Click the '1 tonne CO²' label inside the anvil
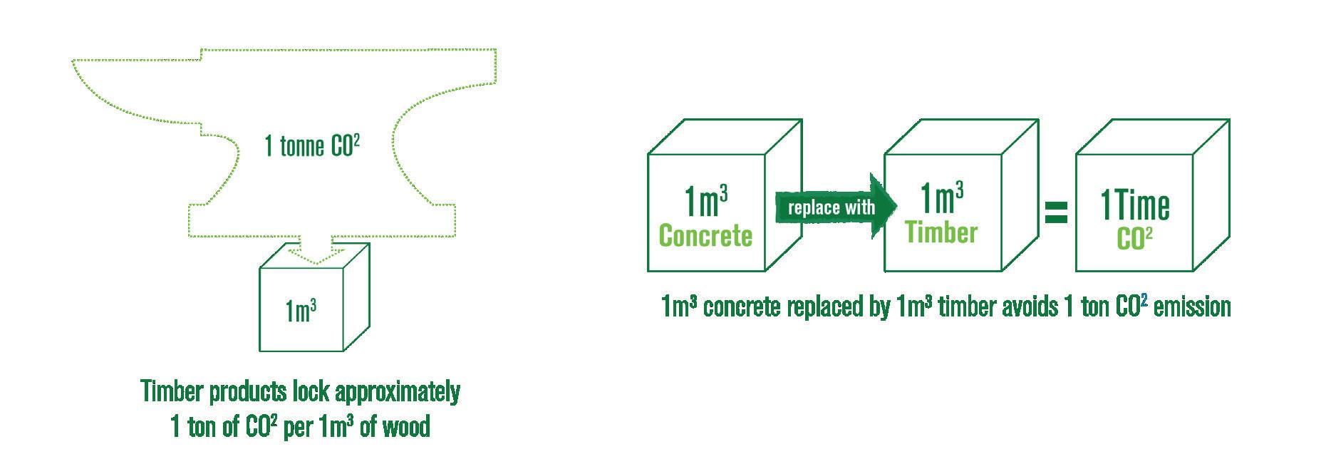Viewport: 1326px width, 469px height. pyautogui.click(x=311, y=146)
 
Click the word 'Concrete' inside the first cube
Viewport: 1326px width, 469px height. pyautogui.click(x=705, y=235)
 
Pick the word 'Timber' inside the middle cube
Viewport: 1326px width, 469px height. pyautogui.click(x=941, y=232)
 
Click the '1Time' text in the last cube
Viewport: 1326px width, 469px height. pyautogui.click(x=1135, y=207)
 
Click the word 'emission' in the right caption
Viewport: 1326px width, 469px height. pyautogui.click(x=1191, y=306)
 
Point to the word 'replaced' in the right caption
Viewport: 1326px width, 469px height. pyautogui.click(x=827, y=306)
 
